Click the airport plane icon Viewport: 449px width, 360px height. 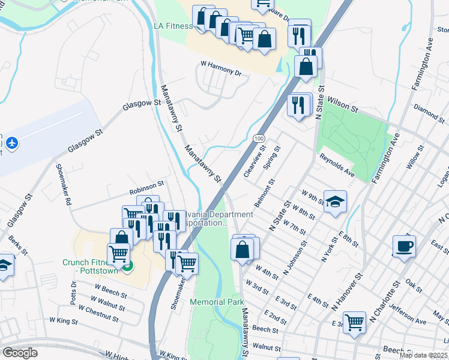pyautogui.click(x=12, y=143)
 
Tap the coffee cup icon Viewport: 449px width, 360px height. pyautogui.click(x=404, y=246)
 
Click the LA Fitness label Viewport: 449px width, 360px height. pyautogui.click(x=173, y=26)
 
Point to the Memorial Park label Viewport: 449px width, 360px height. pyautogui.click(x=216, y=302)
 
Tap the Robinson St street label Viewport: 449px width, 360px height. pyautogui.click(x=146, y=187)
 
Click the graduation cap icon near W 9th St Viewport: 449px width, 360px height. pyautogui.click(x=335, y=202)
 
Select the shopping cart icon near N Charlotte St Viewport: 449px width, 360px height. pyautogui.click(x=355, y=323)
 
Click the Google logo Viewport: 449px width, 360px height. pyautogui.click(x=20, y=352)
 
